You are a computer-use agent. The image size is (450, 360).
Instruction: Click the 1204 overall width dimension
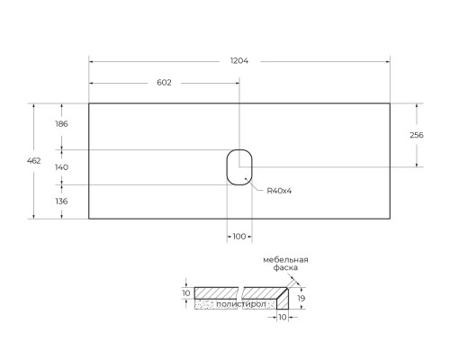click(239, 61)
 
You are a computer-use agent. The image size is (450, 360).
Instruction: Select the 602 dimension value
click(164, 83)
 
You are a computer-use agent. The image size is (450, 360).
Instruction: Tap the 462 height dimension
click(33, 161)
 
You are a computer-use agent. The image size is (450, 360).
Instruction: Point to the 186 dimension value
click(61, 124)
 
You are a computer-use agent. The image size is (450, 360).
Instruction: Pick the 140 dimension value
click(61, 167)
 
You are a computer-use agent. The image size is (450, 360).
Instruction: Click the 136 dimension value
click(61, 202)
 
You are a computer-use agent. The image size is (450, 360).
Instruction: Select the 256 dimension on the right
click(417, 135)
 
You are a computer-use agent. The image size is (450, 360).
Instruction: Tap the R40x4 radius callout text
click(279, 191)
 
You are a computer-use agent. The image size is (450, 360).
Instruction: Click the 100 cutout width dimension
click(239, 237)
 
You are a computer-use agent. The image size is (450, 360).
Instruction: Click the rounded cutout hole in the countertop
click(227, 167)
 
